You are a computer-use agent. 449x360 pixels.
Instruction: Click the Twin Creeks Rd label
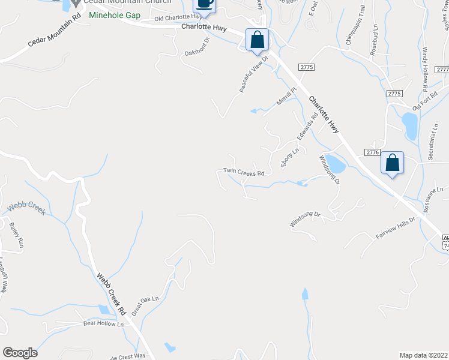pyautogui.click(x=244, y=172)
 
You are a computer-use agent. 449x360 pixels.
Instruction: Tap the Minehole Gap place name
pyautogui.click(x=114, y=15)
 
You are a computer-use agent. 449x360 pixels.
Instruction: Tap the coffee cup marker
pyautogui.click(x=205, y=4)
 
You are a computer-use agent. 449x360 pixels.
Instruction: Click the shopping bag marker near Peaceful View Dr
pyautogui.click(x=257, y=40)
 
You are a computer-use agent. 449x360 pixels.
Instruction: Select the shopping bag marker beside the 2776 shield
pyautogui.click(x=392, y=163)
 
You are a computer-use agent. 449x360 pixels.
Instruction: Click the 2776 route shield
pyautogui.click(x=372, y=153)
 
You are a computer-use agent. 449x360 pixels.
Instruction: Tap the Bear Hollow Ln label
pyautogui.click(x=103, y=324)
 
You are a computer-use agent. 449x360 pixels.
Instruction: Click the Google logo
pyautogui.click(x=20, y=353)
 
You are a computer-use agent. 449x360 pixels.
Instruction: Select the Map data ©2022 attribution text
pyautogui.click(x=423, y=355)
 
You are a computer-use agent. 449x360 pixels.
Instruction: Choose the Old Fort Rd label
pyautogui.click(x=425, y=100)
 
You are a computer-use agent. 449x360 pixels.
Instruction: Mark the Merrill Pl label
pyautogui.click(x=287, y=97)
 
